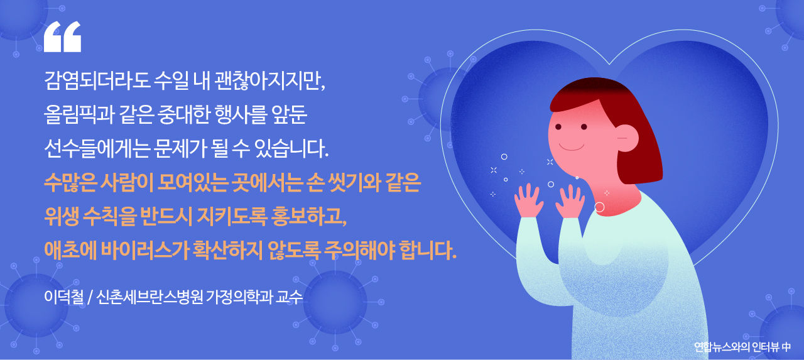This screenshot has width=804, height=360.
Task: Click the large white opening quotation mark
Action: click(62, 37)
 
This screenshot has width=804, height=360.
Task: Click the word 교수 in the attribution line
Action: click(291, 297)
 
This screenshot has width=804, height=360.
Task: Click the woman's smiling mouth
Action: click(572, 147)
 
